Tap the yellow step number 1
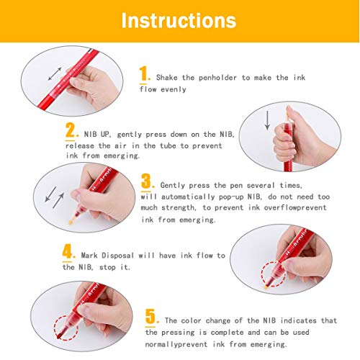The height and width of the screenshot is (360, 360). (145, 74)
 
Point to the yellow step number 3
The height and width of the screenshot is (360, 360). (147, 181)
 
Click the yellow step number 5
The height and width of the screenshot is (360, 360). (150, 315)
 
